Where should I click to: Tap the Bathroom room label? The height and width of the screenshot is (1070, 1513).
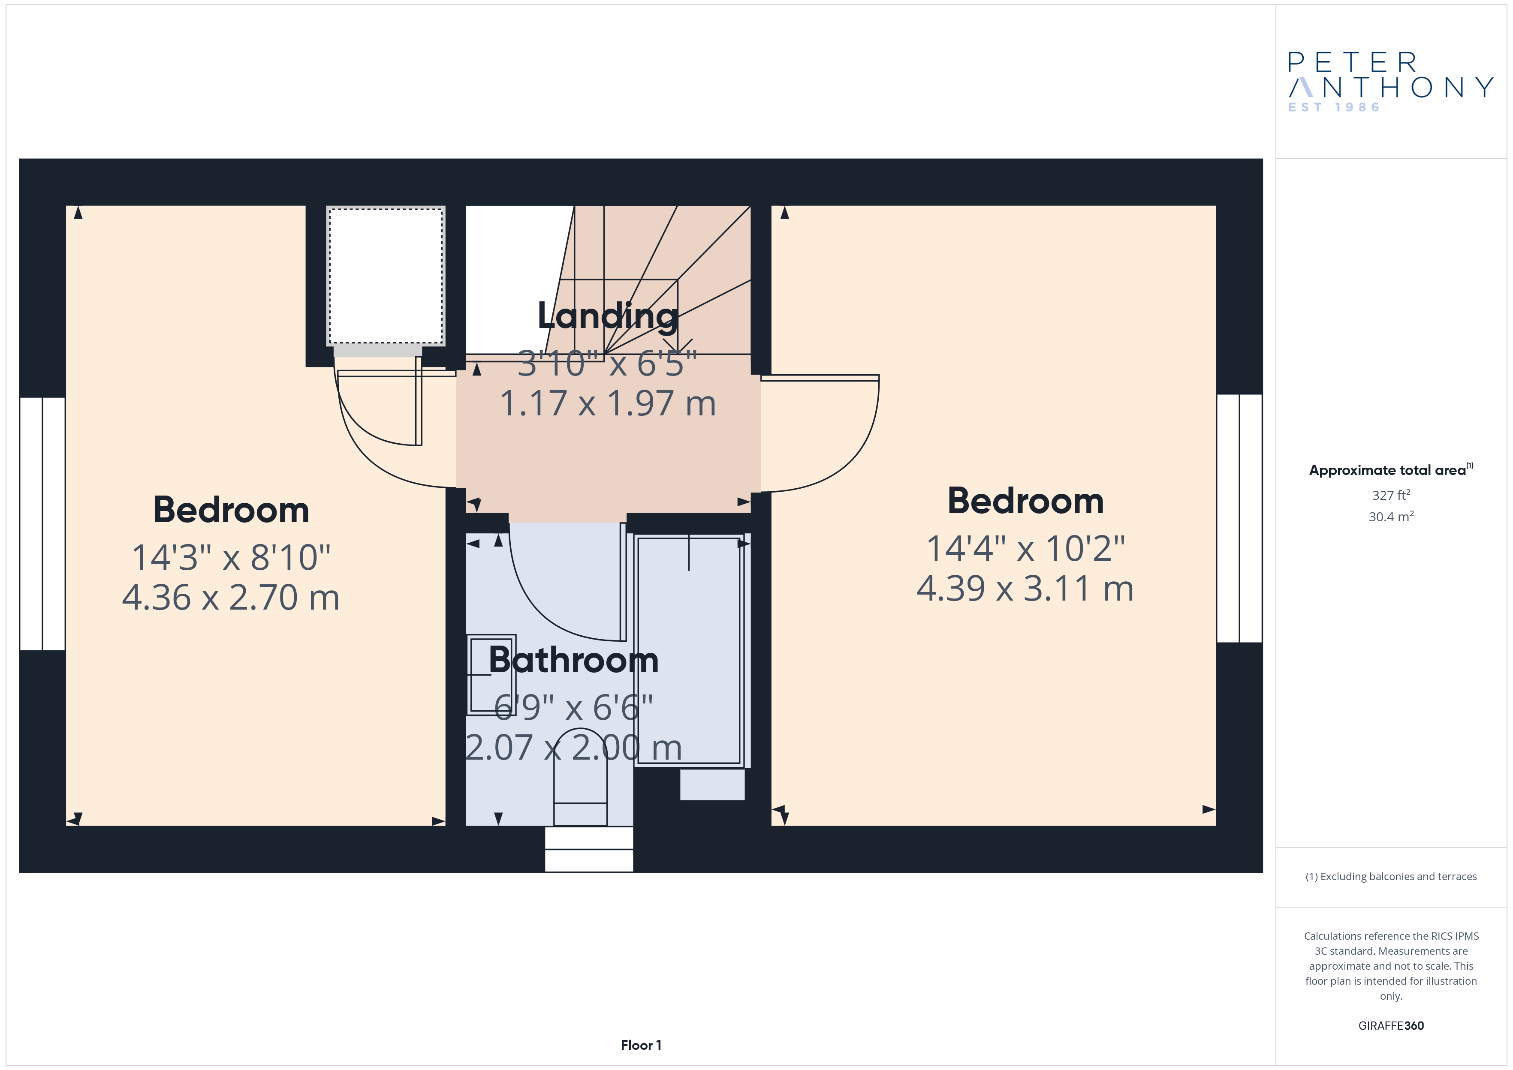[573, 660]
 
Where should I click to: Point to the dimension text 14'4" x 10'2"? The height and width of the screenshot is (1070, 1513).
[1025, 548]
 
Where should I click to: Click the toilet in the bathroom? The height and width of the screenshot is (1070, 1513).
[580, 778]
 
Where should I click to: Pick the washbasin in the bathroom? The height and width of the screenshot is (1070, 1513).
[491, 675]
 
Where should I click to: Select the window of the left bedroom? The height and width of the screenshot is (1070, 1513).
[42, 524]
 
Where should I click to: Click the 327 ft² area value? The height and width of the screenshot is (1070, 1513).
[1391, 495]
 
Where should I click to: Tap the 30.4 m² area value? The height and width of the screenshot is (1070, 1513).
[1391, 517]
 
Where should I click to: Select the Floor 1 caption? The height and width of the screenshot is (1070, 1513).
[641, 1045]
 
